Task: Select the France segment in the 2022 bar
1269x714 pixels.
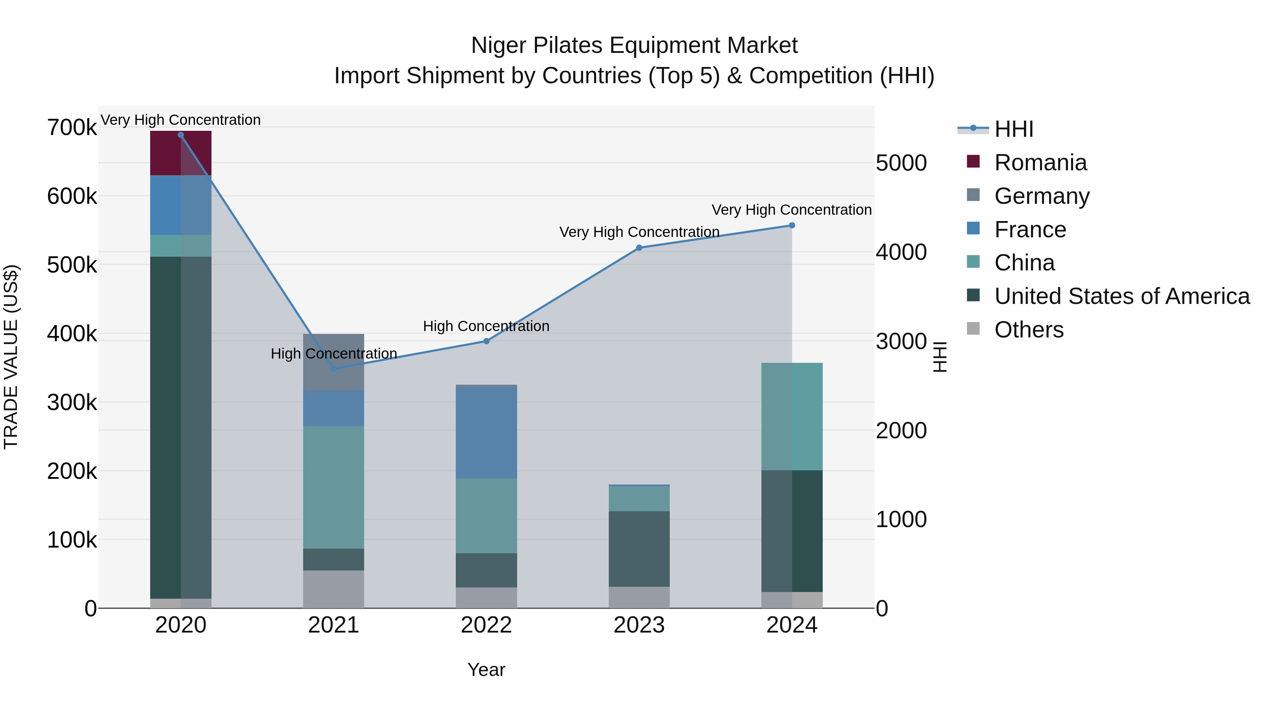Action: [486, 432]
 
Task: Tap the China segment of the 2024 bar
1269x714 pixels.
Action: [792, 416]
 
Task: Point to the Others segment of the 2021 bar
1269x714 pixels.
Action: [333, 589]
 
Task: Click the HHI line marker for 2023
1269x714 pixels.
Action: [639, 248]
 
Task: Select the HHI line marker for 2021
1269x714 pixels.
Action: [333, 368]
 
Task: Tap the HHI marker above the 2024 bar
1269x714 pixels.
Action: [792, 225]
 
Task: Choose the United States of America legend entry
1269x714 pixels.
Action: [1121, 296]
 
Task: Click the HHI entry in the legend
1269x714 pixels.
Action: [1013, 129]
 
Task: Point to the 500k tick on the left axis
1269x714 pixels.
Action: [72, 265]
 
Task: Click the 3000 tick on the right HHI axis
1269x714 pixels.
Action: [901, 341]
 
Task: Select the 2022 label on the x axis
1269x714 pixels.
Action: [486, 625]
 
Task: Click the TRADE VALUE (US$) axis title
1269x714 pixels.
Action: [11, 357]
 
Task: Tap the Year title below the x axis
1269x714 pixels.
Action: [486, 670]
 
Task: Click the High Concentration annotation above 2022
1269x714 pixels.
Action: [486, 326]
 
